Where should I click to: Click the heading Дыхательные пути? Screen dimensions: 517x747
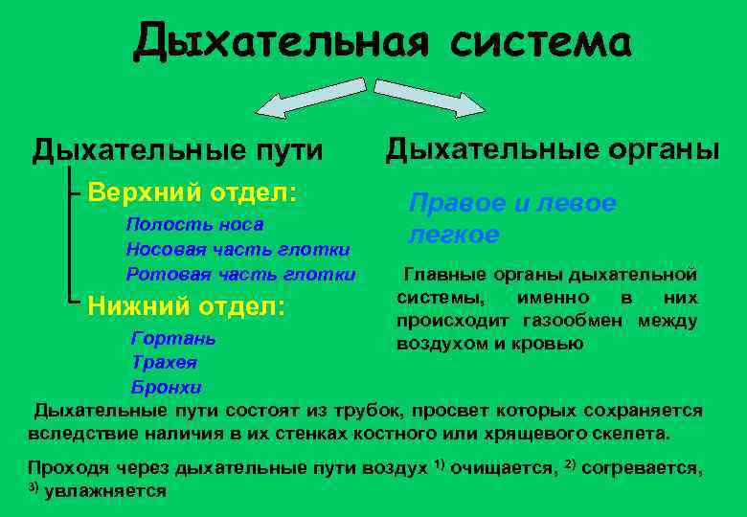pos(177,150)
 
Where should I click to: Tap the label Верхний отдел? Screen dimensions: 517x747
pos(192,191)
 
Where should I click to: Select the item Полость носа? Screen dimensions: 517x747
pos(194,225)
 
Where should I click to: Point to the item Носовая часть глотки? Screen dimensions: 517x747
pos(238,250)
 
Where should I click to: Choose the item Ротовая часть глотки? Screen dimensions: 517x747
pos(240,275)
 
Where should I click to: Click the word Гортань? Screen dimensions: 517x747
pos(173,338)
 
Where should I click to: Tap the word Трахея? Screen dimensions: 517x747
pos(164,363)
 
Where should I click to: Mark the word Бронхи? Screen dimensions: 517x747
pos(166,387)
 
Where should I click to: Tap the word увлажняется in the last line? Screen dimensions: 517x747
pos(105,491)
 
